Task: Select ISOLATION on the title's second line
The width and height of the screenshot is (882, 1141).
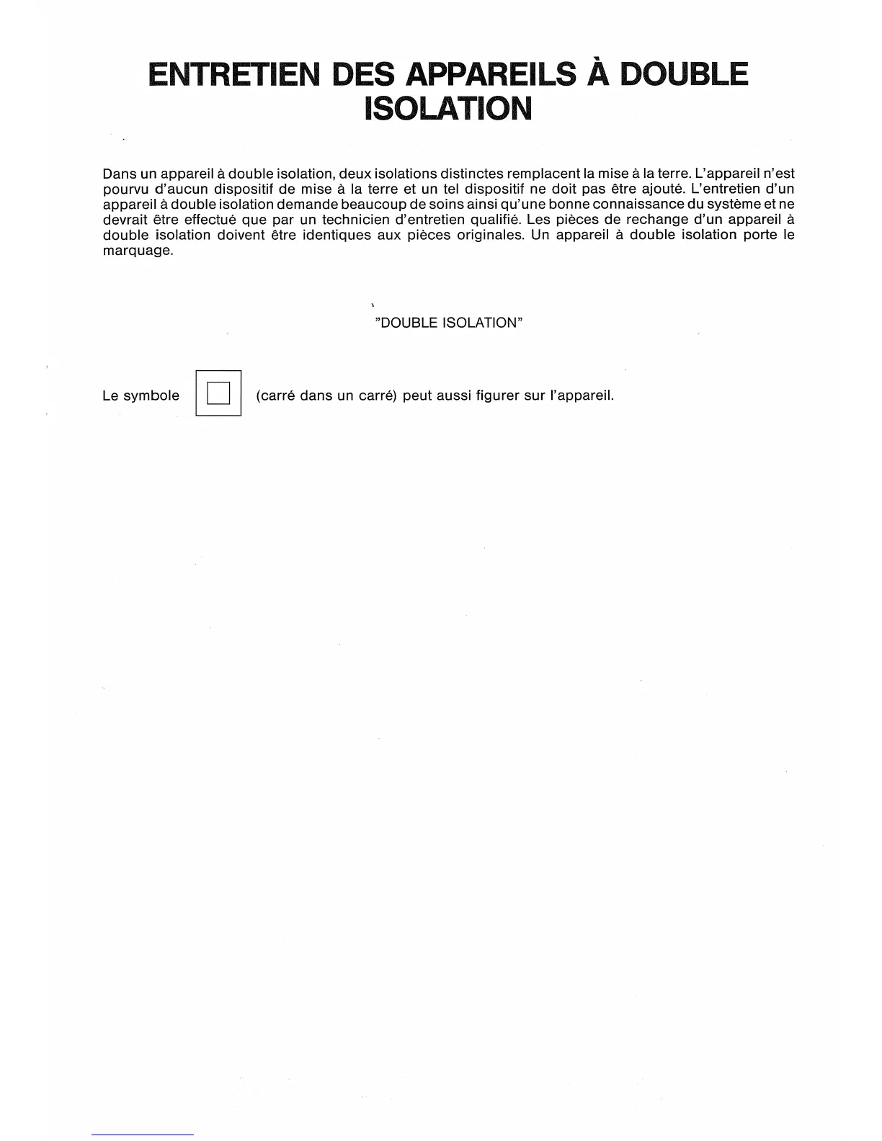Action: (447, 109)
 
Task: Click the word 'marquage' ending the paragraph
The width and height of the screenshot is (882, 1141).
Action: (137, 251)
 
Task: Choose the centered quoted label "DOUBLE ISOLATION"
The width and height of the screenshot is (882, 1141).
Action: (448, 323)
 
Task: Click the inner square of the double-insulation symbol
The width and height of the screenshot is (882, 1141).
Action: (218, 393)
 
